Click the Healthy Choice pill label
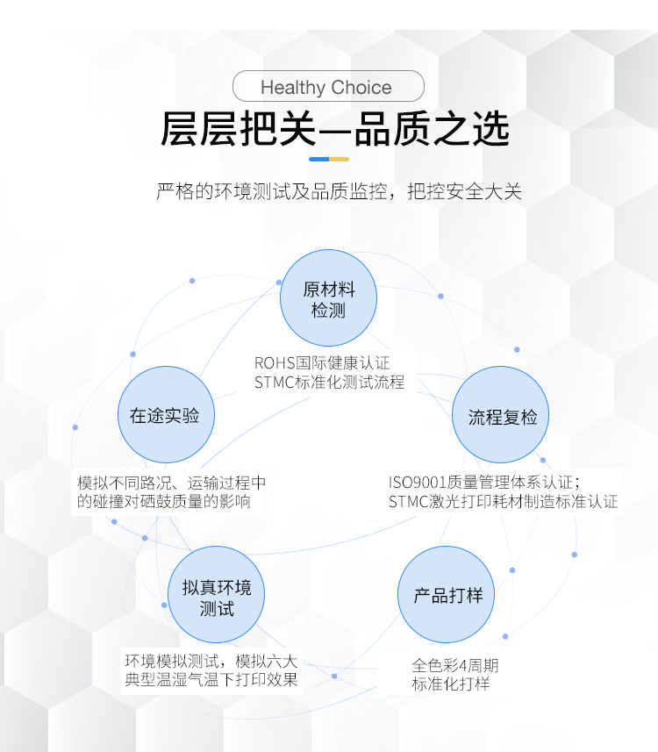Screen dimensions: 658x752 [x=328, y=86]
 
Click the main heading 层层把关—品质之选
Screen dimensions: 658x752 [x=334, y=128]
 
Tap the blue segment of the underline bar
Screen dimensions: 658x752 [x=319, y=159]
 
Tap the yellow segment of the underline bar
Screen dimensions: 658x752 [x=339, y=159]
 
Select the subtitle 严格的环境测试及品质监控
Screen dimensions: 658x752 [x=271, y=191]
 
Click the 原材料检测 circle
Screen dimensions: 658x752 [x=328, y=297]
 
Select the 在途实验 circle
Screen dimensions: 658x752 [x=166, y=415]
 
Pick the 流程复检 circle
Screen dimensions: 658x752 [x=501, y=415]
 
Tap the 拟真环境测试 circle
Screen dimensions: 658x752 [x=217, y=595]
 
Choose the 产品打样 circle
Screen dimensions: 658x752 [x=446, y=595]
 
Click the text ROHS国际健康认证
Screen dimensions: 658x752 [x=322, y=363]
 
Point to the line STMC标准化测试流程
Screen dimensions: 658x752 [x=330, y=383]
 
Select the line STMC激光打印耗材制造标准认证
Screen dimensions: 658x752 [x=503, y=502]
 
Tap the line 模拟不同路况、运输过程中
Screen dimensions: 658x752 [x=172, y=483]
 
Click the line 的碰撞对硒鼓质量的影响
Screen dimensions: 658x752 [x=164, y=502]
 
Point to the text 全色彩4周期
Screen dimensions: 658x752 [x=455, y=665]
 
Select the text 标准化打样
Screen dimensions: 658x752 [x=451, y=684]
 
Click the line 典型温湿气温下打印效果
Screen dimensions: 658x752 [x=211, y=679]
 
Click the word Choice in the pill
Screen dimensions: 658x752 [x=361, y=87]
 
